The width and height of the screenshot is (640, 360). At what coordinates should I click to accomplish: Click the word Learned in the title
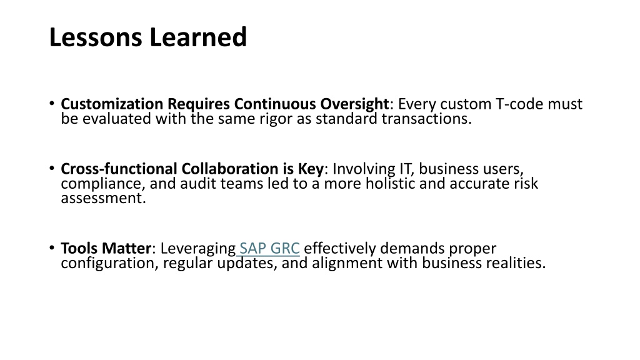coord(198,37)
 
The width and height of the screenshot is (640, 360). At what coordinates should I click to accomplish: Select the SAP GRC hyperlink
coord(269,248)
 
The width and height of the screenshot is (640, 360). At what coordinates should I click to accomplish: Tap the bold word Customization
coord(112,104)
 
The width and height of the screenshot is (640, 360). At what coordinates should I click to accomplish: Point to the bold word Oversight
coord(354,104)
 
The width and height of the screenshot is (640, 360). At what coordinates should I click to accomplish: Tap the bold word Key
coord(311,169)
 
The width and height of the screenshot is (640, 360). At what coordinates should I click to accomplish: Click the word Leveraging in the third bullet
coord(198,249)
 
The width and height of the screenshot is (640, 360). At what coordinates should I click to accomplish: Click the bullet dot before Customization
coord(52,104)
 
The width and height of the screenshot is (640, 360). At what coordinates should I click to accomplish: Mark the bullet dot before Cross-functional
coord(52,168)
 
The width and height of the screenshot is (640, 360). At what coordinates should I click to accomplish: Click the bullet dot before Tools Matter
coord(52,247)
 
